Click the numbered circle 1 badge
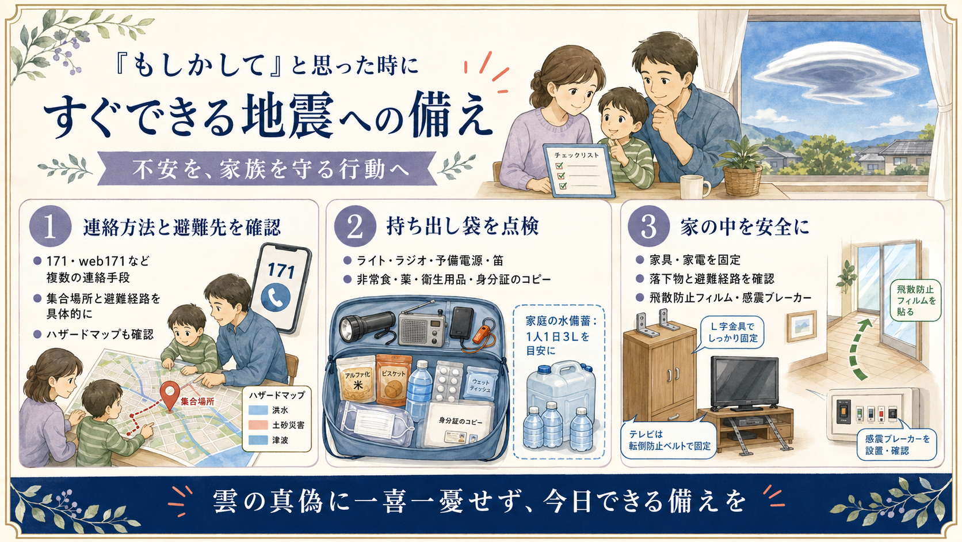click(x=50, y=226)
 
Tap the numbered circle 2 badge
click(x=355, y=226)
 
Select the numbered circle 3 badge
click(x=648, y=226)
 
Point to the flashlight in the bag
click(x=367, y=326)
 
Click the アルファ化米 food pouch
click(x=357, y=380)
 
